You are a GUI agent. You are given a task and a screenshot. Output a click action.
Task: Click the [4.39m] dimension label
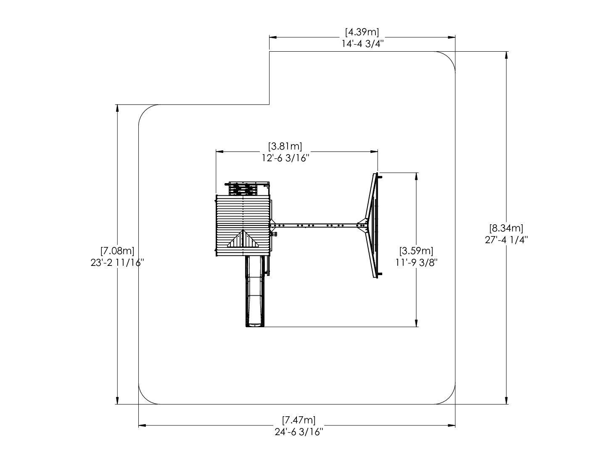point(362,32)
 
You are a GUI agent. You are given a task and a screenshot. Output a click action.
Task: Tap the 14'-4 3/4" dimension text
point(362,44)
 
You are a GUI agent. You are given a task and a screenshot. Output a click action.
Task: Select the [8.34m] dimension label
point(506,228)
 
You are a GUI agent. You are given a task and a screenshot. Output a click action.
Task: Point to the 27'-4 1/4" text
point(506,239)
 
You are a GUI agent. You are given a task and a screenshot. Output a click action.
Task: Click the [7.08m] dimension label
point(117,250)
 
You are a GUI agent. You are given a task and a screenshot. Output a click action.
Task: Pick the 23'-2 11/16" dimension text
point(117,263)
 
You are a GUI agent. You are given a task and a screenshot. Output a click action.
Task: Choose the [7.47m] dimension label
point(299,420)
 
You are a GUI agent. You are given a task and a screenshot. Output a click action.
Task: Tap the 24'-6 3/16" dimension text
point(299,432)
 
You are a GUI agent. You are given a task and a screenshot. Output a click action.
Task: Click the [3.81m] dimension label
point(285,146)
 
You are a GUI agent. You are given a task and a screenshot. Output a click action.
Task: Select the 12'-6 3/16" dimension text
point(285,158)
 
